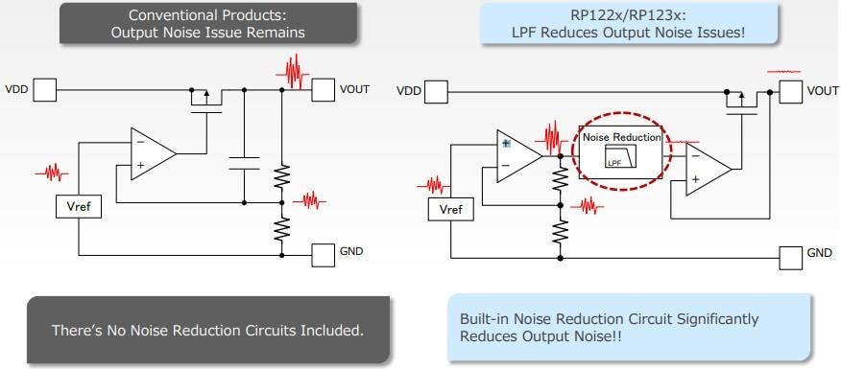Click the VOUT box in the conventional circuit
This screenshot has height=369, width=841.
click(x=324, y=90)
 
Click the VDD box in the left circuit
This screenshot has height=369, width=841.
click(x=45, y=90)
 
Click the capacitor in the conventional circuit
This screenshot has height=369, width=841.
click(x=246, y=159)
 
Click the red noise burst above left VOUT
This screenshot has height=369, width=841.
click(x=294, y=70)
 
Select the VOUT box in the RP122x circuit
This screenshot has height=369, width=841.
click(x=789, y=91)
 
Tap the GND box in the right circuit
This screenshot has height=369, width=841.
click(x=789, y=256)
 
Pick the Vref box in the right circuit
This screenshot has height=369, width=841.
click(x=449, y=209)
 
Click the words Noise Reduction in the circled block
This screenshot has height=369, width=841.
click(x=621, y=137)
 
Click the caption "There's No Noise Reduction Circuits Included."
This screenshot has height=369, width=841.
click(x=207, y=331)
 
